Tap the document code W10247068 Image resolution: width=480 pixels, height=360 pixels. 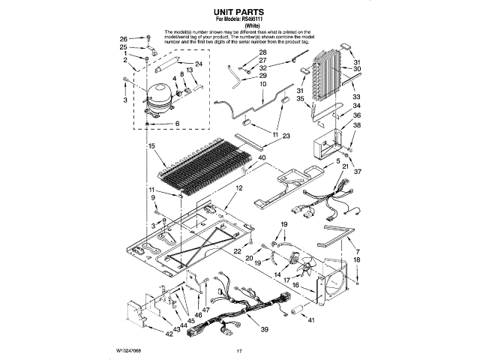coord(129,351)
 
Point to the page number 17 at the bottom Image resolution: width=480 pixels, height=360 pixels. coord(240,351)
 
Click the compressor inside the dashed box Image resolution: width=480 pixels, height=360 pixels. coord(159,98)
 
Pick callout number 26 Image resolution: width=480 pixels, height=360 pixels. coord(124,38)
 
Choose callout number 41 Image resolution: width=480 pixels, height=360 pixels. coord(312,320)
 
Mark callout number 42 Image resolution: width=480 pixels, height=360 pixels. coord(169,334)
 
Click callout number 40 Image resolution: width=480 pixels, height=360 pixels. coord(262,157)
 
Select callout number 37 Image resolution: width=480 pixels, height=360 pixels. coord(357,171)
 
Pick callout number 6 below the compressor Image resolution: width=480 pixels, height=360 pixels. coord(177,123)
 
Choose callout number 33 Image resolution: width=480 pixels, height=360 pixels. coord(357,97)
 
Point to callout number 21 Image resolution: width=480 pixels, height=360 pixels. coord(346,166)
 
